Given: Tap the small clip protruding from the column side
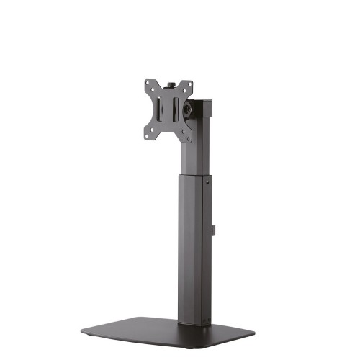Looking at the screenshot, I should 214,230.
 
